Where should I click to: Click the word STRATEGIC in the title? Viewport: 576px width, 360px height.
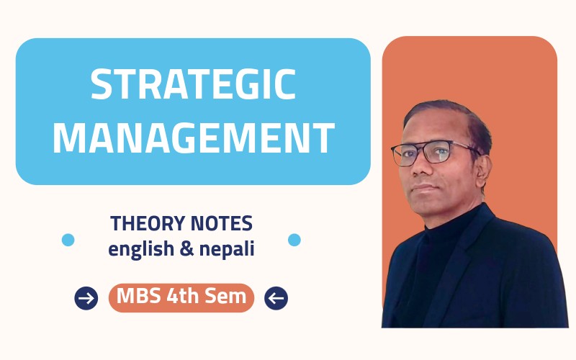pos(193,86)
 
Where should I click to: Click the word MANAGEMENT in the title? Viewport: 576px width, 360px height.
pos(193,138)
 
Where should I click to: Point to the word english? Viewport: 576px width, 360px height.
pos(141,250)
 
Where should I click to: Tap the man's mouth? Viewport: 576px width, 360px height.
pos(423,188)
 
